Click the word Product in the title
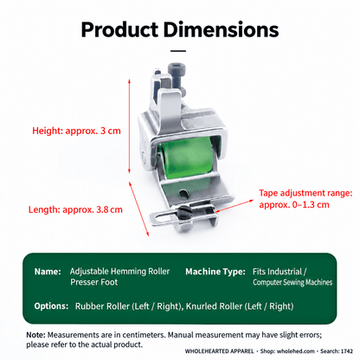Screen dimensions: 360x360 (x=119, y=29)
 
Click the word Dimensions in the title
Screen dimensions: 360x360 (x=221, y=29)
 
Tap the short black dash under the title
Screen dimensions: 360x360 (x=178, y=51)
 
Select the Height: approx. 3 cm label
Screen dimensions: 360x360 (x=76, y=131)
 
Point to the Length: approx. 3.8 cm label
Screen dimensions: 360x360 (x=75, y=209)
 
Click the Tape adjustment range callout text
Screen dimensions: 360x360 (x=305, y=199)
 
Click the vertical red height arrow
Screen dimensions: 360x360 (x=129, y=126)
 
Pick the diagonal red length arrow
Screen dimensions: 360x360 (x=139, y=209)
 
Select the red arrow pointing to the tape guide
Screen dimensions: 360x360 (x=235, y=206)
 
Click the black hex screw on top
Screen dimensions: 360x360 (x=177, y=75)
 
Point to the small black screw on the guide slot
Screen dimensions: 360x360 (x=183, y=214)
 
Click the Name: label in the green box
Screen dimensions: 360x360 (x=48, y=272)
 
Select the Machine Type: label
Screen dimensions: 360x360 (x=215, y=272)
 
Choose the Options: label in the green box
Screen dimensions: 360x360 (x=51, y=306)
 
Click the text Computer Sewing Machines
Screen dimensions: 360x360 (x=292, y=282)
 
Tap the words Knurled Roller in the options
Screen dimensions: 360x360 (x=214, y=306)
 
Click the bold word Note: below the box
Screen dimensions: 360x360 (x=35, y=335)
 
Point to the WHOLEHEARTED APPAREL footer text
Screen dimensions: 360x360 (x=220, y=351)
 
